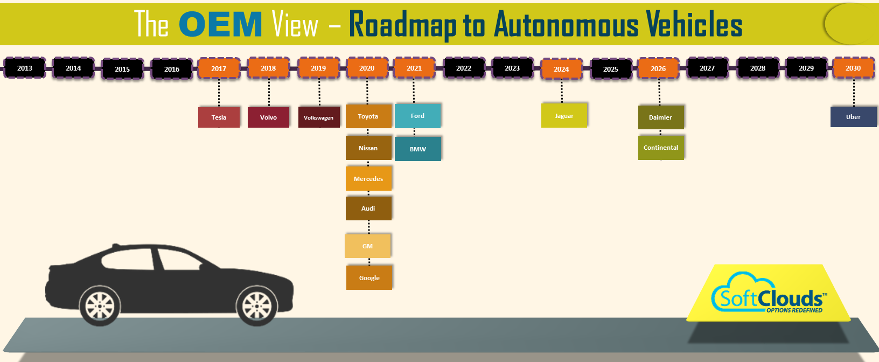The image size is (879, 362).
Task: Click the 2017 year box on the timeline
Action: point(219,68)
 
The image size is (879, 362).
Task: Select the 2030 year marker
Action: point(853,68)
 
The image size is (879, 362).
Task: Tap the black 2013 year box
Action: point(25,68)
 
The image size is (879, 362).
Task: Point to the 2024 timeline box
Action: point(561,69)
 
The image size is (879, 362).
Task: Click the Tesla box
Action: point(219,117)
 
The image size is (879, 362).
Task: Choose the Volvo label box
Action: point(268,117)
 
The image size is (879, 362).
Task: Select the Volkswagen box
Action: point(319,117)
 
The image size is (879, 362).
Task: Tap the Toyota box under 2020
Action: point(368,116)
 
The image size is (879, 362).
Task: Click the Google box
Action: point(369,277)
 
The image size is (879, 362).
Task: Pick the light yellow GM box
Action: point(367,246)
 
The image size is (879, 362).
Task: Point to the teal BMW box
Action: point(418,149)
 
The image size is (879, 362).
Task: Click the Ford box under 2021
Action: point(417,116)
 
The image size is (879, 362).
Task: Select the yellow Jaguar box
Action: point(564,116)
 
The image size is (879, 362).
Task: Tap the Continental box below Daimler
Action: point(661,148)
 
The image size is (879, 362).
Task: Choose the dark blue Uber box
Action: point(853,117)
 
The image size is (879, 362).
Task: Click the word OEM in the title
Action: point(220,25)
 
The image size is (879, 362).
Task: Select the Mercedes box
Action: point(368,178)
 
